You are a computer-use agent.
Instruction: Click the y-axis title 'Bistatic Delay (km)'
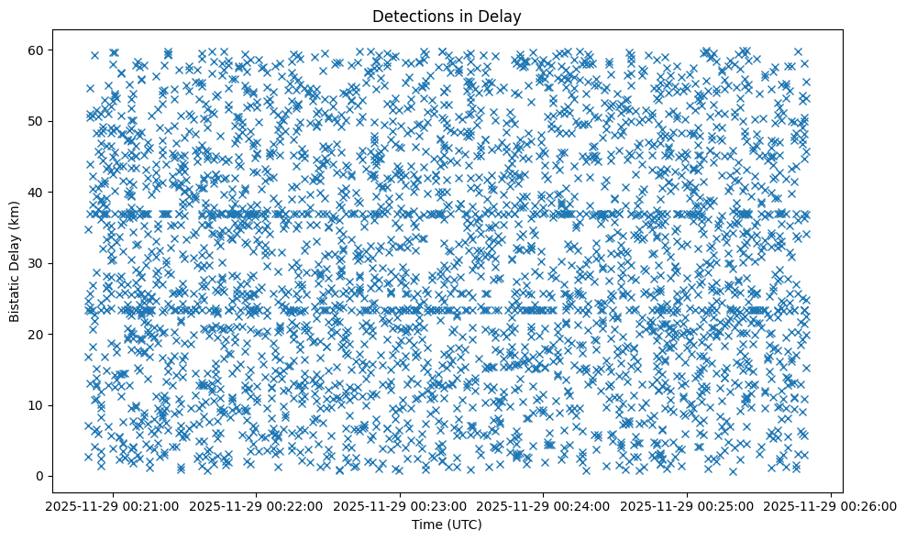15,262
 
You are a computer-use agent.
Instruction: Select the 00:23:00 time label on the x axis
401,506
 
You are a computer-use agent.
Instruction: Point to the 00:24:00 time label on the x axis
544,506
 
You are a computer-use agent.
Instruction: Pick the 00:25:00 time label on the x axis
688,506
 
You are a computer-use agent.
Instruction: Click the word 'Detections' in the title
404,16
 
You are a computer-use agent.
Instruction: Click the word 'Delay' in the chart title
500,16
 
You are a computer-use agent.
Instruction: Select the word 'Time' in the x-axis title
424,524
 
